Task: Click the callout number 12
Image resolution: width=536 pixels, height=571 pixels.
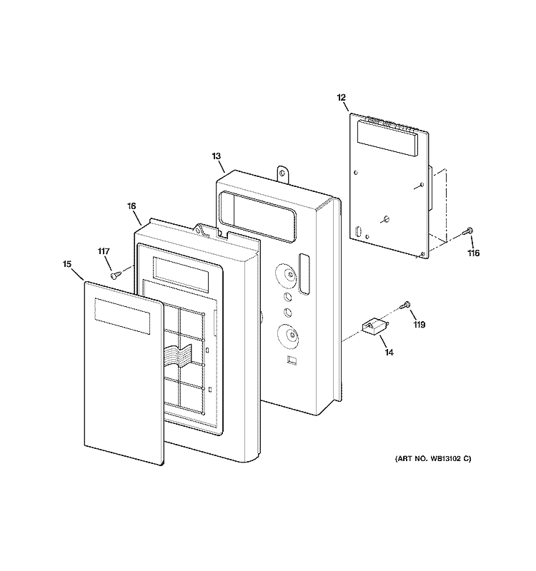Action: pos(341,98)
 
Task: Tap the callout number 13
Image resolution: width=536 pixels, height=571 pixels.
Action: pos(217,156)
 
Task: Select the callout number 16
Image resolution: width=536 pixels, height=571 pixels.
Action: pos(131,206)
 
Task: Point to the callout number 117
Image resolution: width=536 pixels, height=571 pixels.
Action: pos(104,251)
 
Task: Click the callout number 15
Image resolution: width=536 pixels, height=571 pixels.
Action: pos(66,264)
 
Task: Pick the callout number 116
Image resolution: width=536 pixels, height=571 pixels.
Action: pos(474,253)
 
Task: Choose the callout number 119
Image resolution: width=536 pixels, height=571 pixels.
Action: pos(420,325)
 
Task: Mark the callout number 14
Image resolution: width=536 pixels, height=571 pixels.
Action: pos(389,353)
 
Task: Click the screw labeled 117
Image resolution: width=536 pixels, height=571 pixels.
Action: pos(115,275)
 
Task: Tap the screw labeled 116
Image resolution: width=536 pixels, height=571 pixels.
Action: pos(467,231)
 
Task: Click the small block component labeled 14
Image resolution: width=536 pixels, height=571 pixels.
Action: pos(374,325)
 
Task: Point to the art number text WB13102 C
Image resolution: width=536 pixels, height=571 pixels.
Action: pos(450,459)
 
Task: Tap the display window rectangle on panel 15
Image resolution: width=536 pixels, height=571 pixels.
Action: pos(122,316)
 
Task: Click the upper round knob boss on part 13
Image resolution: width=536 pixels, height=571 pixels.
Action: pos(287,275)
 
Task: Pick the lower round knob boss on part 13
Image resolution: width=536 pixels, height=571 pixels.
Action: pos(288,335)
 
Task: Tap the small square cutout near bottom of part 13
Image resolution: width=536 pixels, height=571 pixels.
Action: pos(292,360)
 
